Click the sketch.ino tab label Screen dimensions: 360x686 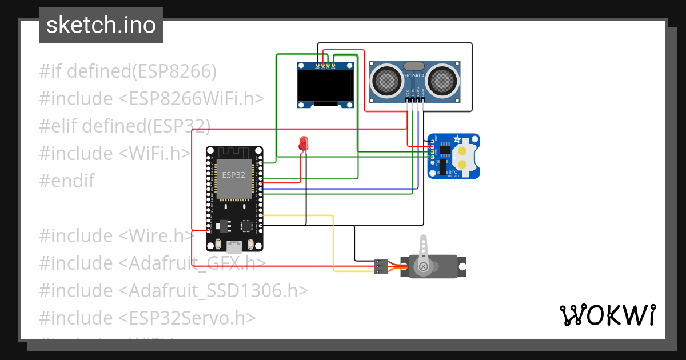(x=101, y=25)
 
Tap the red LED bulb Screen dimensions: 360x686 (x=304, y=143)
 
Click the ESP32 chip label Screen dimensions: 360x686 (x=234, y=175)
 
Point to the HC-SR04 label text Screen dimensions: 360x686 (x=415, y=75)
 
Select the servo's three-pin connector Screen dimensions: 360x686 (x=380, y=266)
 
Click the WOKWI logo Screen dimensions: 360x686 (x=607, y=315)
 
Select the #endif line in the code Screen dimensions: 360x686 (x=67, y=181)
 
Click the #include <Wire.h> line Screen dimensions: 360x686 (x=117, y=235)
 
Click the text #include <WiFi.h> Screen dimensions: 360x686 (x=115, y=153)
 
